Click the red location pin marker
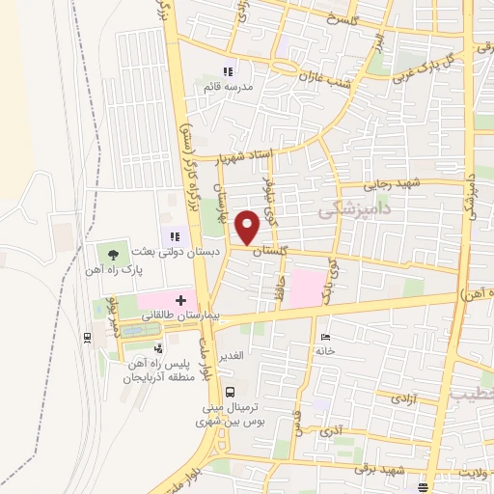pyautogui.click(x=248, y=227)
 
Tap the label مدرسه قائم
pyautogui.click(x=229, y=86)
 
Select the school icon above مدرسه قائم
pyautogui.click(x=229, y=71)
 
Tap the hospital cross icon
pyautogui.click(x=180, y=301)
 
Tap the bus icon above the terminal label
pyautogui.click(x=230, y=392)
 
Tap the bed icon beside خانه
pyautogui.click(x=326, y=337)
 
